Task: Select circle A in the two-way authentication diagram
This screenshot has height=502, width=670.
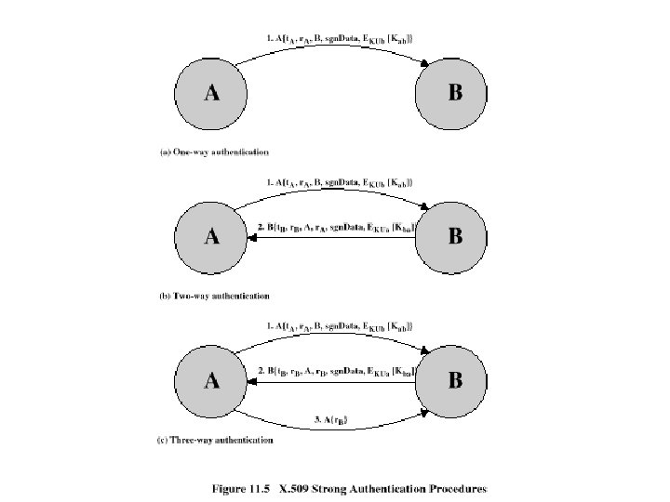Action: [x=212, y=236]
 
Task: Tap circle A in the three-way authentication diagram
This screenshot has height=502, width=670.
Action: [x=212, y=380]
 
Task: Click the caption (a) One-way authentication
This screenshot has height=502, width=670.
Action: [x=213, y=151]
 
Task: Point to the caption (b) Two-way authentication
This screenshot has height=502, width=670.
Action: [x=214, y=296]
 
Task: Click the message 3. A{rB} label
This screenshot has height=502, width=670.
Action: [x=333, y=420]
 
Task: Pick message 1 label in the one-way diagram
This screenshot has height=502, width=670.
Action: [x=340, y=37]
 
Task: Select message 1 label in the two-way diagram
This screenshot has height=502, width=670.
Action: [x=340, y=182]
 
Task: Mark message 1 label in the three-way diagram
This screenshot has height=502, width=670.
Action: [x=340, y=326]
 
